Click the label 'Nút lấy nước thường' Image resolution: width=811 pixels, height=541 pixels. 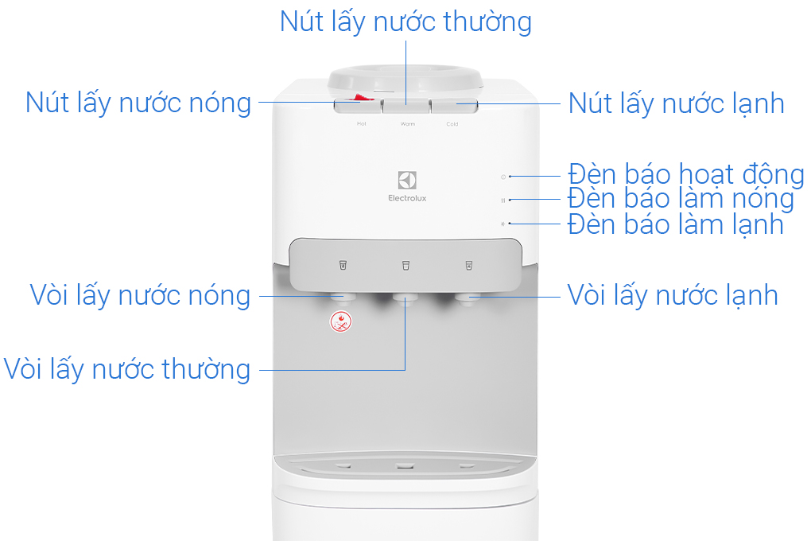(405, 22)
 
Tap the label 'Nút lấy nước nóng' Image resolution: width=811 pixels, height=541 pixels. (138, 103)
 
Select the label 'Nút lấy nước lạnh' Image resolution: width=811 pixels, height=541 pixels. (676, 103)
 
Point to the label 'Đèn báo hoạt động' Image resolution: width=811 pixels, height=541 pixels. (686, 174)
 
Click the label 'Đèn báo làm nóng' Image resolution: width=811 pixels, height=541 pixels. (681, 199)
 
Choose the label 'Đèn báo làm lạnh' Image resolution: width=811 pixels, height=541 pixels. (676, 224)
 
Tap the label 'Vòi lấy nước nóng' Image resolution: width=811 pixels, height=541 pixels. (140, 296)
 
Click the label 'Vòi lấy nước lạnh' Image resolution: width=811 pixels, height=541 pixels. (673, 296)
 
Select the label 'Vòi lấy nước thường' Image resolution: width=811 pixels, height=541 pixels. (126, 370)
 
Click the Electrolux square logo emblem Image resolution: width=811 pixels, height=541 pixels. (407, 180)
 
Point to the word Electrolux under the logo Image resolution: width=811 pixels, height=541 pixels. (407, 198)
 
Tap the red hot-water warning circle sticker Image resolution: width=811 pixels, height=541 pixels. (341, 321)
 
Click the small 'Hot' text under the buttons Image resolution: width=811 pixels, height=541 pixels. (362, 124)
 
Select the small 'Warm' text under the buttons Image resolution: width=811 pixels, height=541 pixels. (408, 124)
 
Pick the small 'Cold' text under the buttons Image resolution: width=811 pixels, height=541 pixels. (452, 124)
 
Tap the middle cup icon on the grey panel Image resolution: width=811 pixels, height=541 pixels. (406, 266)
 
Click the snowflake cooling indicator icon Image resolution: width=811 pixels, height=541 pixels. (503, 224)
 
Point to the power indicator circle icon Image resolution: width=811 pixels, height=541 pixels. (503, 177)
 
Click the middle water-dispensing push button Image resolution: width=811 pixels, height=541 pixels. (406, 106)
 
